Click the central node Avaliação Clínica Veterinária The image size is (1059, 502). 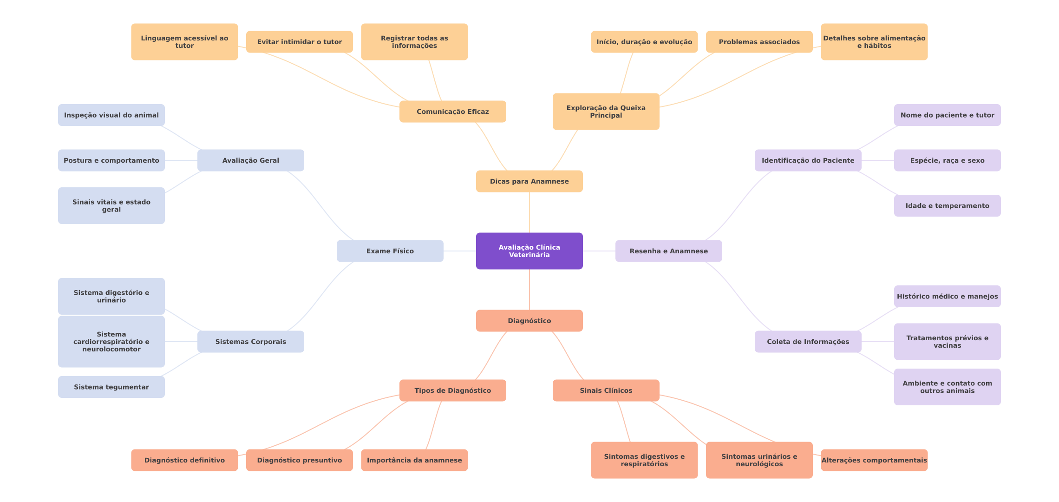(x=529, y=251)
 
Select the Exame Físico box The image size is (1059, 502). (x=390, y=251)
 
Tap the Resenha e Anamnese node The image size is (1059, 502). (x=668, y=251)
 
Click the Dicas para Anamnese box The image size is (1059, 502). (x=529, y=181)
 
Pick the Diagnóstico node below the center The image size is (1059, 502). (x=529, y=321)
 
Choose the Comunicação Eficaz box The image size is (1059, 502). (x=452, y=112)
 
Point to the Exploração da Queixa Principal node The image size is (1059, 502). (x=606, y=112)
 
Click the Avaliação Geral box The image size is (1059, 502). (x=250, y=160)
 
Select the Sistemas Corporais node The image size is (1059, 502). (x=250, y=342)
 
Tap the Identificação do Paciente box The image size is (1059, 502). (x=808, y=160)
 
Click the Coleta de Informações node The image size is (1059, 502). (x=808, y=342)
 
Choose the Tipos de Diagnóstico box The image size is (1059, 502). (x=452, y=390)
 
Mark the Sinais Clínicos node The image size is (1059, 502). (x=606, y=390)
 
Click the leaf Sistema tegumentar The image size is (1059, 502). (x=111, y=387)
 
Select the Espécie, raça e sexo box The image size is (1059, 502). (x=947, y=160)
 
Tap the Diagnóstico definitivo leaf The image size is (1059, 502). (x=184, y=460)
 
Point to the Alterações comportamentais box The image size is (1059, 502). (x=874, y=460)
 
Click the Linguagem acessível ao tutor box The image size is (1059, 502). (x=184, y=42)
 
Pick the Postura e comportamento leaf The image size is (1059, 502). (x=111, y=160)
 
